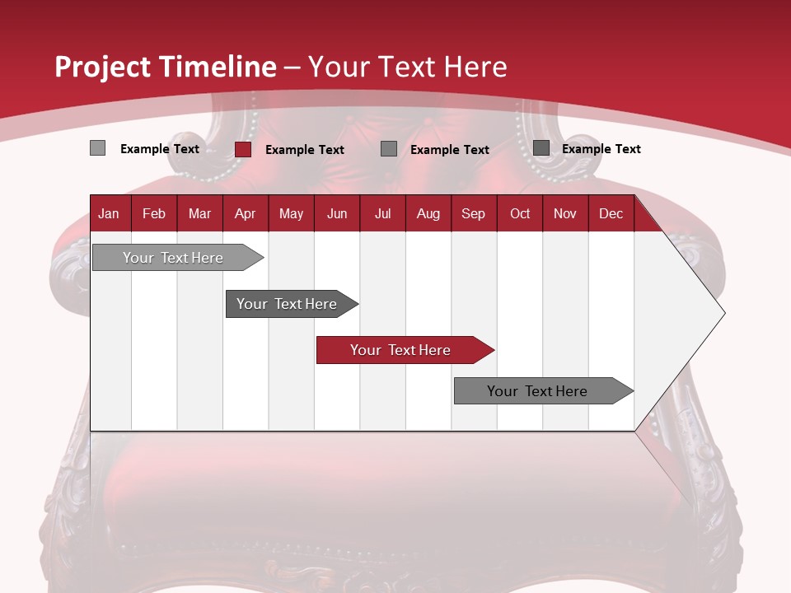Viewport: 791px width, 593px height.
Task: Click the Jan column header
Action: click(110, 213)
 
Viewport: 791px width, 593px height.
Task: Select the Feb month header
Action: click(154, 213)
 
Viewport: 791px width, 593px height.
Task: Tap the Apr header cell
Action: click(246, 213)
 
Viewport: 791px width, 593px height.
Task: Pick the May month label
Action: click(291, 213)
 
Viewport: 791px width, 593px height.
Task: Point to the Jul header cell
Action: click(382, 213)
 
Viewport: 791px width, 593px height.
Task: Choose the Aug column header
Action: click(428, 213)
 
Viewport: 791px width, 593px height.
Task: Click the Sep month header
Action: click(474, 213)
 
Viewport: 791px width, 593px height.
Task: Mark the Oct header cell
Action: click(520, 213)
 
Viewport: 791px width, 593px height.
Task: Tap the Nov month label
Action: click(565, 213)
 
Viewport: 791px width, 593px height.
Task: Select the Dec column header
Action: click(611, 213)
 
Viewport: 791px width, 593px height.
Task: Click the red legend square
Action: click(243, 149)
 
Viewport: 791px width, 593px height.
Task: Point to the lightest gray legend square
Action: click(98, 148)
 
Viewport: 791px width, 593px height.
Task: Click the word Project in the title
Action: click(104, 67)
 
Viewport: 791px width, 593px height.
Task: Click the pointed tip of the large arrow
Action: click(723, 313)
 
